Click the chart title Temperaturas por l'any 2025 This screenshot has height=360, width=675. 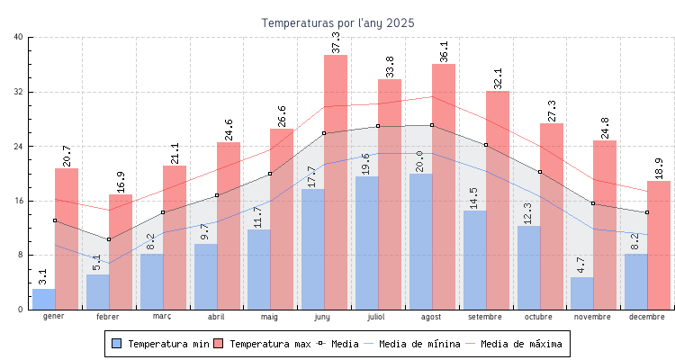point(337,22)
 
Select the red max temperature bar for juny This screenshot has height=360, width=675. point(336,180)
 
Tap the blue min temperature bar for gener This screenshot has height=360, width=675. point(44,299)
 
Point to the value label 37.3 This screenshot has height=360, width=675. point(337,42)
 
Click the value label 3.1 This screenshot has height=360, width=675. point(44,276)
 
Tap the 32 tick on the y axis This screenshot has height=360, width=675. point(19,92)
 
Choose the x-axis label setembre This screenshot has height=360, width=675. point(485,317)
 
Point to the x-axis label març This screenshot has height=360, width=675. point(162,317)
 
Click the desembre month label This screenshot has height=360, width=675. point(647,317)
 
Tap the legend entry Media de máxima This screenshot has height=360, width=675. point(521,344)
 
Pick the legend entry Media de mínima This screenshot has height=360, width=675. point(419,344)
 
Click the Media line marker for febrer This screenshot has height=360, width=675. point(108,239)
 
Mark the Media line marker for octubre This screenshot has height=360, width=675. point(539,172)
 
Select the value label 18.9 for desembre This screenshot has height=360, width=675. point(660,168)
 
